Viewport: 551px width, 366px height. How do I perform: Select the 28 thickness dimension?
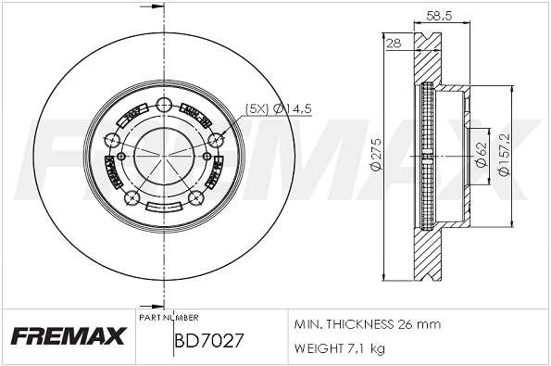coord(393,43)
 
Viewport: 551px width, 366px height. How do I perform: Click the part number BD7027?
coord(208,340)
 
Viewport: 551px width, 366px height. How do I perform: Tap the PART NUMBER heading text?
coord(169,317)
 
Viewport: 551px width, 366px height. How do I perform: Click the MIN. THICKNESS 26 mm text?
coord(367,324)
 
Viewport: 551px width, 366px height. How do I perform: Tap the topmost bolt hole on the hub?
coord(166,104)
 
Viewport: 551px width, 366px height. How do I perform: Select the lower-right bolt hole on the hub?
coord(196,198)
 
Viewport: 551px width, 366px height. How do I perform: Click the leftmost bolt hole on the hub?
coord(113,140)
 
